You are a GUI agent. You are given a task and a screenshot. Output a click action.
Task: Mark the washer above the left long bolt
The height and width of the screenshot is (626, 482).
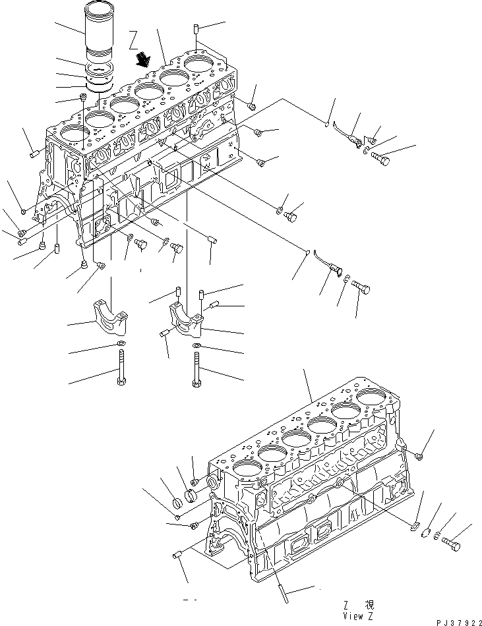coord(120,344)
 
